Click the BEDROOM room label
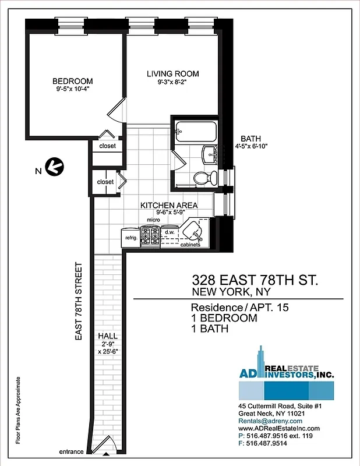(x=72, y=81)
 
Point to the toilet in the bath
(x=202, y=178)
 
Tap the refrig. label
(x=128, y=238)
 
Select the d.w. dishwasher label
(x=170, y=232)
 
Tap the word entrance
(x=72, y=452)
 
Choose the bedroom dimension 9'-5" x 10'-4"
(x=72, y=89)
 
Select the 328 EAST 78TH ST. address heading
(x=255, y=280)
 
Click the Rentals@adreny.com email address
(x=270, y=421)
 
